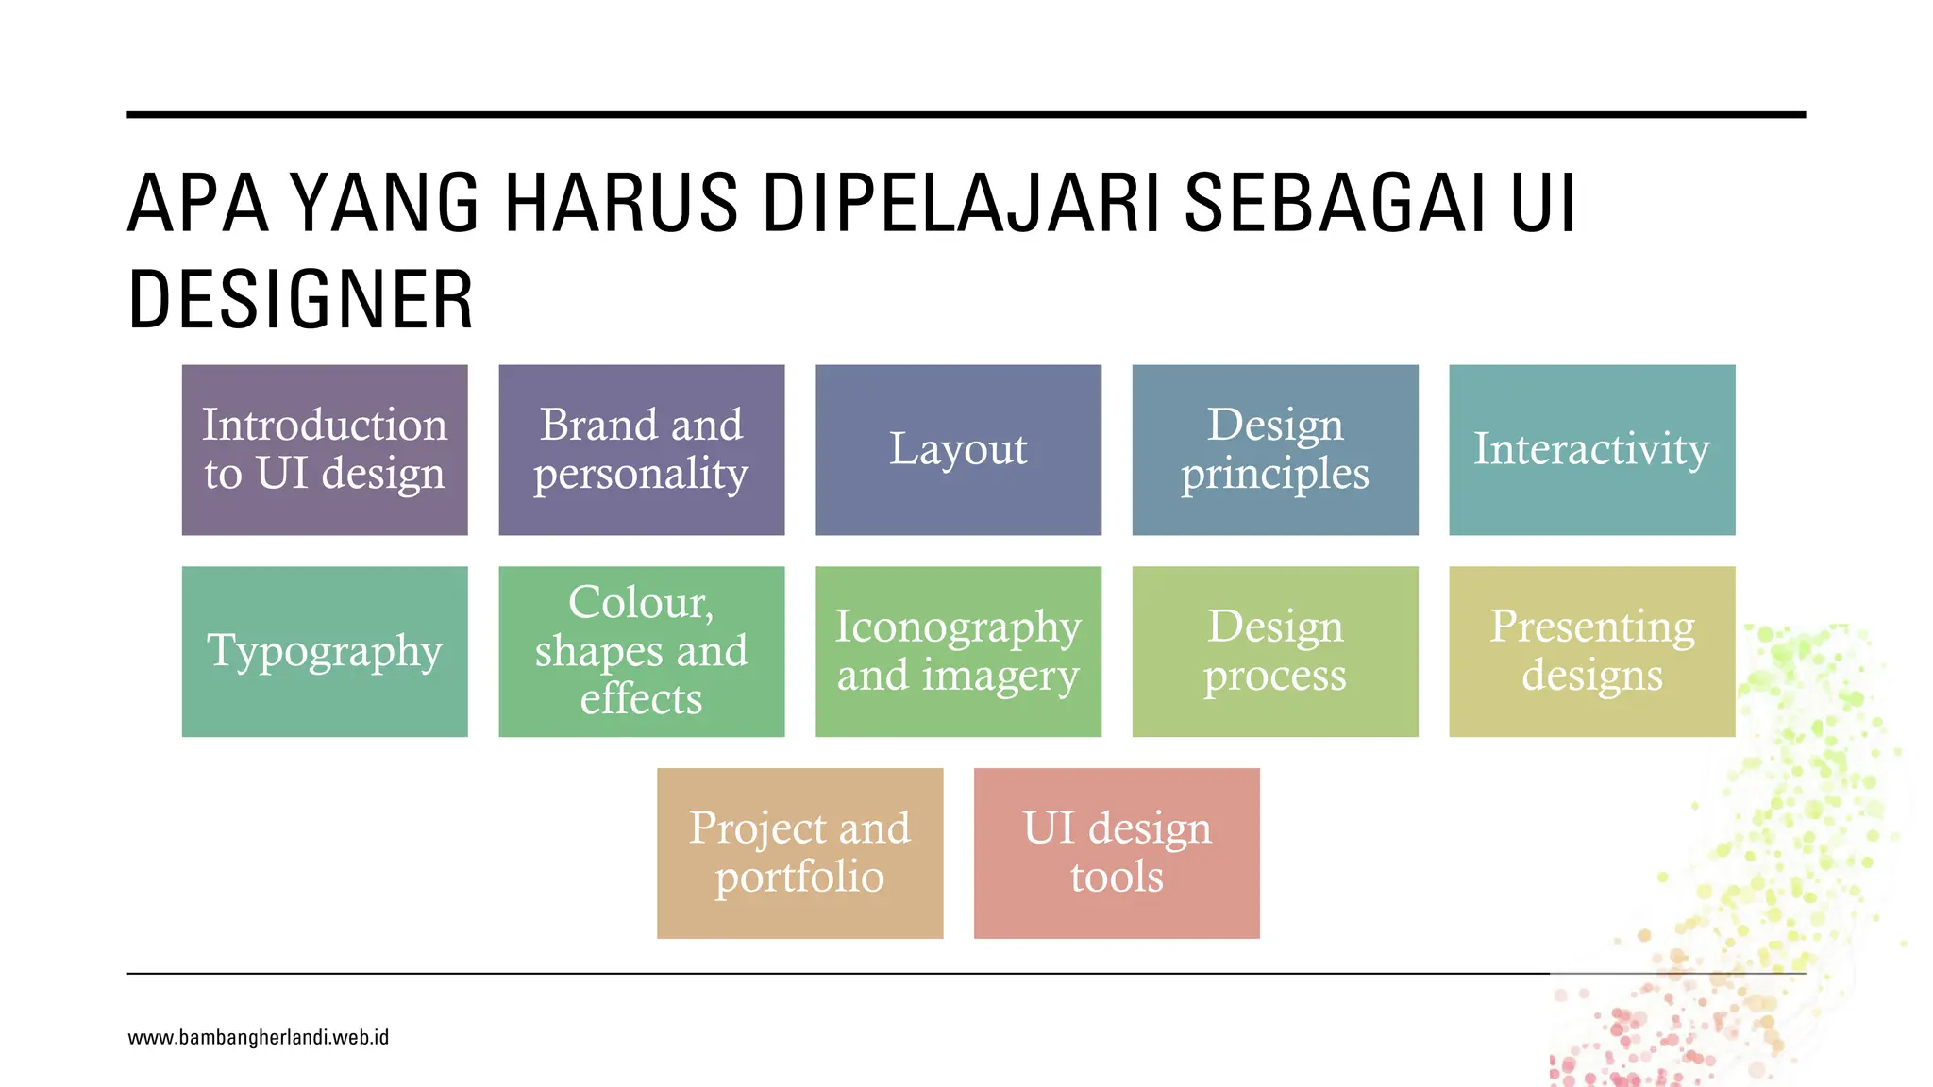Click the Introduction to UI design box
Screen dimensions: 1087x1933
325,450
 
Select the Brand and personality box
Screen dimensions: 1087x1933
642,450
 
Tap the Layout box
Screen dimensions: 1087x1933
958,450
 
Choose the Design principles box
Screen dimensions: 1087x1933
1275,450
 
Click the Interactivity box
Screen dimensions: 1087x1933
1592,450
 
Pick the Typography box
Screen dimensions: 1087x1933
325,651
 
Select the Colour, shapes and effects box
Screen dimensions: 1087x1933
642,651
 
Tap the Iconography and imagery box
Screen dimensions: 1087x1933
958,651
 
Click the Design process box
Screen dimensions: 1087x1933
1275,651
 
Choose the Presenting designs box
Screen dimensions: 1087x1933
1592,651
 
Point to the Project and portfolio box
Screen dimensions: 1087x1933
799,853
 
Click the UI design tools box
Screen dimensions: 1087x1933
1117,853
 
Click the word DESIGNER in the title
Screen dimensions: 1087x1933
300,300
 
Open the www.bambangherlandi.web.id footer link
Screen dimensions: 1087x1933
258,1038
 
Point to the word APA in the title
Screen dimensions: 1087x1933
198,203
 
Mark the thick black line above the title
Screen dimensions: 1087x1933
966,115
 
